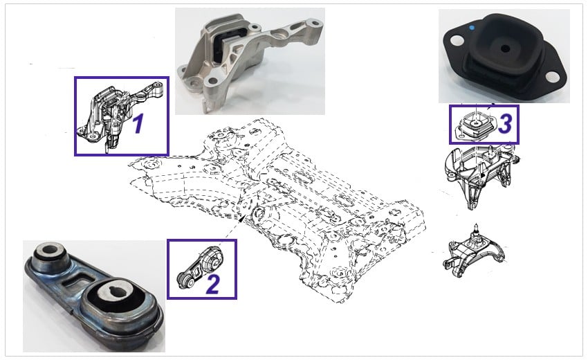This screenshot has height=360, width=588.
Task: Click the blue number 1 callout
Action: [x=138, y=124]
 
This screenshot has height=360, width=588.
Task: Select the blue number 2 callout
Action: [x=212, y=284]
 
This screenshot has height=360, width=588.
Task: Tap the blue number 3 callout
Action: [x=505, y=124]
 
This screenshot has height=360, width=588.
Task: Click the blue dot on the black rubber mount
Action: [x=472, y=28]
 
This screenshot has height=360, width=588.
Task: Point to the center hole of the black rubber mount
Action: [x=506, y=48]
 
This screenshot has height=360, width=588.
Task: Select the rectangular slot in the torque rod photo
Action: [x=79, y=280]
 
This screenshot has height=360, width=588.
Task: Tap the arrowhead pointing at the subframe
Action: [x=243, y=217]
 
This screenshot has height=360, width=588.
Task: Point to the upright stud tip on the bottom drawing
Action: [x=476, y=225]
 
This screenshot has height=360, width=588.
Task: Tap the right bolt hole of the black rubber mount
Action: [x=553, y=78]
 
